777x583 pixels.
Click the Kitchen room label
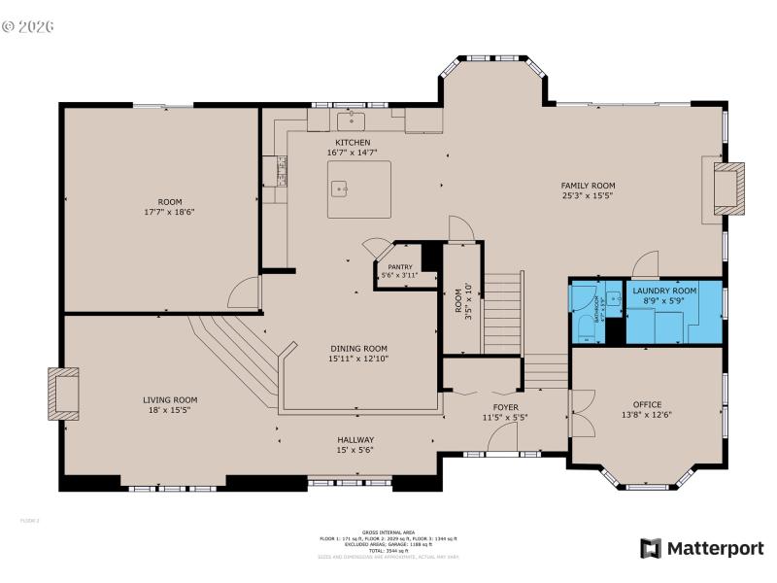click(353, 143)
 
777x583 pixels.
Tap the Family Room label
click(588, 186)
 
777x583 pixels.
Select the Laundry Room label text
click(664, 291)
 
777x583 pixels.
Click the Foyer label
click(505, 407)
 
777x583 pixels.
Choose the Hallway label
click(355, 440)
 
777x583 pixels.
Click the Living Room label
click(170, 399)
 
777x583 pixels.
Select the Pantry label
click(400, 267)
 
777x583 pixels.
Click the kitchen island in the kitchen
click(358, 190)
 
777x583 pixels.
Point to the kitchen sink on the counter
click(351, 120)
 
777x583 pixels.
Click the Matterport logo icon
click(651, 549)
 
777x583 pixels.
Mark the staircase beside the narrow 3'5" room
click(503, 313)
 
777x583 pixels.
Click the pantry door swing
click(375, 248)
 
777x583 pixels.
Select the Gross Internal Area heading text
click(388, 532)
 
